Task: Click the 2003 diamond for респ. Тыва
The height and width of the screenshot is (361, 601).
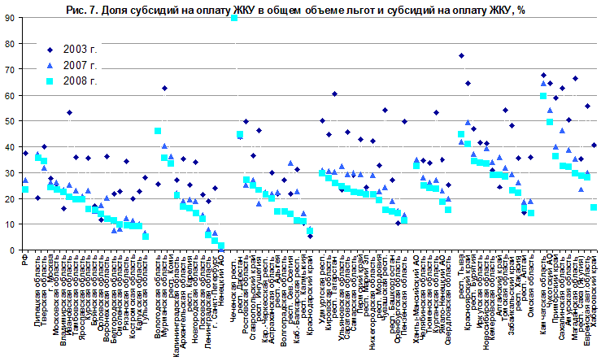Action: coord(461,56)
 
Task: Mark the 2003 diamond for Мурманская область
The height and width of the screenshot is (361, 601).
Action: coord(164,88)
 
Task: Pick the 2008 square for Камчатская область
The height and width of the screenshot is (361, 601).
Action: coord(543,96)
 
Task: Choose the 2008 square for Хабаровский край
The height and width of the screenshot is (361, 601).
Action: coord(594,207)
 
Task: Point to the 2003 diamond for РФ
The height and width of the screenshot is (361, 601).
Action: coord(25,154)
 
